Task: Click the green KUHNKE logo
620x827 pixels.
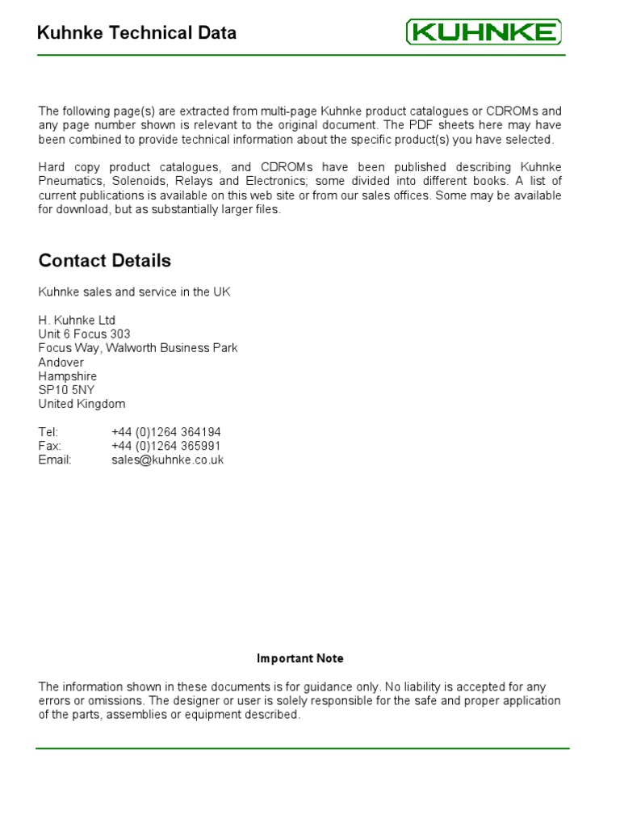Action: [483, 32]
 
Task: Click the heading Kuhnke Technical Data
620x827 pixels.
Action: [137, 33]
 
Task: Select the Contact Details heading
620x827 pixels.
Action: [105, 261]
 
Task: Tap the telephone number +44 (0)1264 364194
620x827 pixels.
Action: [166, 432]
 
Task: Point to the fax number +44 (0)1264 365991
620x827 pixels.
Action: [166, 446]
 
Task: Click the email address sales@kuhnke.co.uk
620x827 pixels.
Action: [168, 460]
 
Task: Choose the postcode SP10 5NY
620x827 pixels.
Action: [66, 390]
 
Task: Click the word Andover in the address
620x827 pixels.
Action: [61, 363]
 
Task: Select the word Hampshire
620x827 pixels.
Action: [68, 376]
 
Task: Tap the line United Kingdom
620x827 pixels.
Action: [82, 404]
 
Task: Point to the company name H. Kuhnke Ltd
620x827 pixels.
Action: [77, 321]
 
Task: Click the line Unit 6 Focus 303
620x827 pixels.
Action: [84, 334]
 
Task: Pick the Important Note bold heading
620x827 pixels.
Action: [300, 658]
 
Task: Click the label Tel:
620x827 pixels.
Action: [48, 432]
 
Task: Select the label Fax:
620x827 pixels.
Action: [50, 446]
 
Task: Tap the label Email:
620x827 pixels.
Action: [55, 460]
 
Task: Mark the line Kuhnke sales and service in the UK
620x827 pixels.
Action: [134, 292]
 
